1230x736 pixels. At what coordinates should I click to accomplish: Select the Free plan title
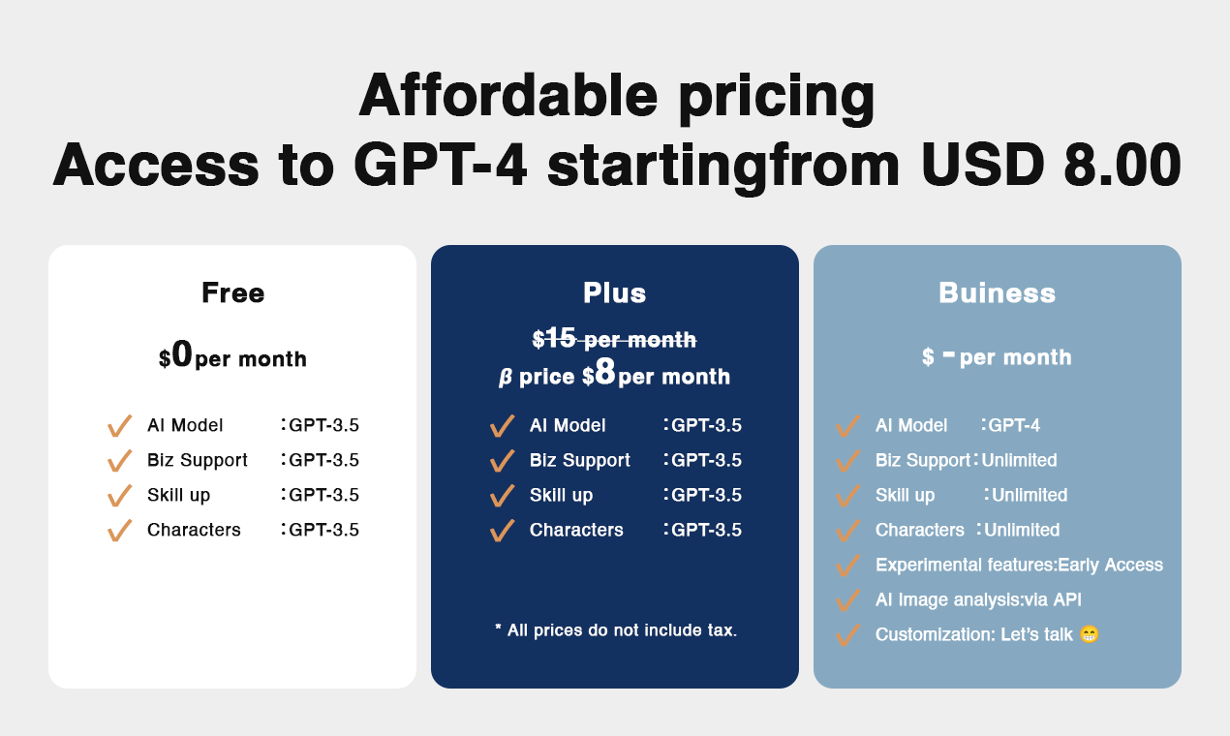pyautogui.click(x=232, y=292)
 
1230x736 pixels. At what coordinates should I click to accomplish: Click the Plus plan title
pyautogui.click(x=614, y=292)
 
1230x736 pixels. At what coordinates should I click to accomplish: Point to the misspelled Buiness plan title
pyautogui.click(x=997, y=292)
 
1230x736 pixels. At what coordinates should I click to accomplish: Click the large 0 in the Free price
pyautogui.click(x=182, y=355)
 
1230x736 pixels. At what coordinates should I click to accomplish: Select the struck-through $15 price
pyautogui.click(x=554, y=338)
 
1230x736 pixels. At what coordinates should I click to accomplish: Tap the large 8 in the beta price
pyautogui.click(x=605, y=373)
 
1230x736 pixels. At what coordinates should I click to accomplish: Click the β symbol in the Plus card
pyautogui.click(x=505, y=378)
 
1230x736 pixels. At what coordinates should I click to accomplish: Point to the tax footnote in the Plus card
pyautogui.click(x=615, y=630)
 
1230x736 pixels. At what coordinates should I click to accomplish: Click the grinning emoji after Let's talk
pyautogui.click(x=1089, y=634)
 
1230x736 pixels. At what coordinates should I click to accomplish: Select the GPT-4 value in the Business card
pyautogui.click(x=1014, y=425)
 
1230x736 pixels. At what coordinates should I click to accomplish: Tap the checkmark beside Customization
pyautogui.click(x=847, y=635)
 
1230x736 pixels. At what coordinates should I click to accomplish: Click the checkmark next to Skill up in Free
pyautogui.click(x=119, y=496)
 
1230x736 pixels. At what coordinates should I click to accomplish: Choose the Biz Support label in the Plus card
pyautogui.click(x=579, y=460)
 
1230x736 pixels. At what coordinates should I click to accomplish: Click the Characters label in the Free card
pyautogui.click(x=194, y=530)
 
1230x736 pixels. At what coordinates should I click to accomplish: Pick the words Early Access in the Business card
pyautogui.click(x=1110, y=565)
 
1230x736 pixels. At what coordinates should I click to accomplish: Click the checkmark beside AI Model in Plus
pyautogui.click(x=502, y=426)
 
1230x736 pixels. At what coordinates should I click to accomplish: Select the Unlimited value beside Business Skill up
pyautogui.click(x=1029, y=495)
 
